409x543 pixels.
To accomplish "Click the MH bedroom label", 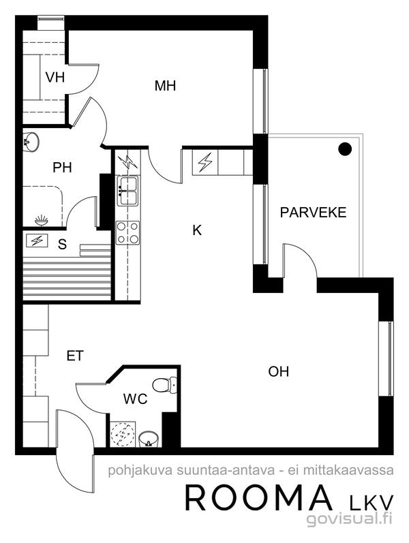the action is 165,86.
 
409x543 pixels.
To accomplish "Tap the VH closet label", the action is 55,77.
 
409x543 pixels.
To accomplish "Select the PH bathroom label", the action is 63,168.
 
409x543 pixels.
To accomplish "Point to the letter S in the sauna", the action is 62,245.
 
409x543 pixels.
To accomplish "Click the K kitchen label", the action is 197,230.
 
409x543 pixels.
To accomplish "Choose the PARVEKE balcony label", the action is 313,213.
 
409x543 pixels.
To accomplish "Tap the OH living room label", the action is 278,371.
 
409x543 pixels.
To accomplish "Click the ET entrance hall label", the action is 75,356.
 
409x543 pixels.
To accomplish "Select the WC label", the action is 135,399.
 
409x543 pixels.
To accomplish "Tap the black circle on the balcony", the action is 345,149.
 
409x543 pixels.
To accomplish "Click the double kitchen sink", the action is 128,191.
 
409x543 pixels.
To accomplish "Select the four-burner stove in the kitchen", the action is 128,233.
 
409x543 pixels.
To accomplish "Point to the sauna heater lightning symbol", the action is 37,241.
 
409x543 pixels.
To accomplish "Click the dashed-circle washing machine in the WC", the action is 122,434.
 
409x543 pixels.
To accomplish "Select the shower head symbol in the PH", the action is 42,220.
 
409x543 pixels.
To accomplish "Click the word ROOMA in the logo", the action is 258,498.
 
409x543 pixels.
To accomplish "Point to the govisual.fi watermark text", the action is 350,519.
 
